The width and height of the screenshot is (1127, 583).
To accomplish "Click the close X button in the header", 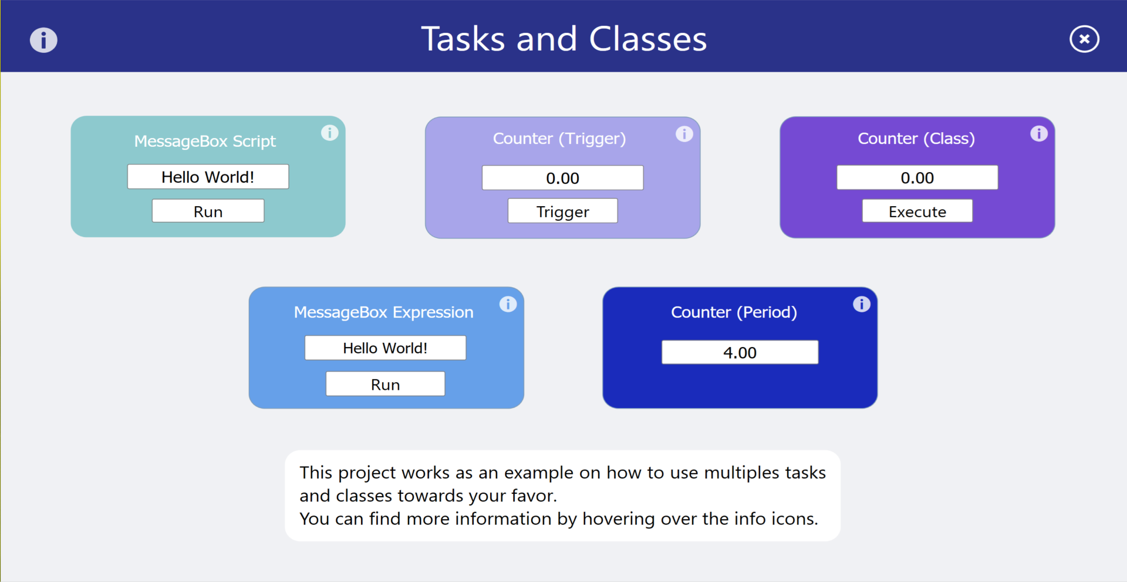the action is tap(1084, 39).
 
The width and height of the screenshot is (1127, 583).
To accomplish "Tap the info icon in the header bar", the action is tap(43, 40).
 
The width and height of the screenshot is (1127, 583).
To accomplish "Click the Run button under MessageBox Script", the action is tap(208, 211).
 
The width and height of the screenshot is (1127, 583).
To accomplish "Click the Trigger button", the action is tap(562, 211).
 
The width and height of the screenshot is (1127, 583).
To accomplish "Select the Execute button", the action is tap(917, 211).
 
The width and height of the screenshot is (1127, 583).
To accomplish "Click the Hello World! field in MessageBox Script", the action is tap(208, 177).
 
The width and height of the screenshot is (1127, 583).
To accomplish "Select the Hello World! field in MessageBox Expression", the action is tap(385, 348).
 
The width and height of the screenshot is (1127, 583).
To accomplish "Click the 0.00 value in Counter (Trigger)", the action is tap(562, 177).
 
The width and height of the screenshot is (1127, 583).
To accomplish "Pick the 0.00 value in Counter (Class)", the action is tap(917, 177).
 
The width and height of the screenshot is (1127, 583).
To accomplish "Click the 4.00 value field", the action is tap(740, 352).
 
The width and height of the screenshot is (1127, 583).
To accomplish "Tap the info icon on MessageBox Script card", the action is tap(330, 133).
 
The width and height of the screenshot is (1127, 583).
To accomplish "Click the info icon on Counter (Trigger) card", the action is tap(684, 134).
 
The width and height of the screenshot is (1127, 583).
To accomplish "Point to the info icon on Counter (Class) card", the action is tap(1039, 133).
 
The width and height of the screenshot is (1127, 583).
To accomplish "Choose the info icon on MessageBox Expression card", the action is tap(508, 304).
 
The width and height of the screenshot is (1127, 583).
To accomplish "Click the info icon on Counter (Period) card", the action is tap(862, 304).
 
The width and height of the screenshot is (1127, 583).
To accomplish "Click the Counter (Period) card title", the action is tap(734, 312).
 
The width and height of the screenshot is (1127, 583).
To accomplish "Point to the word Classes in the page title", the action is tap(648, 39).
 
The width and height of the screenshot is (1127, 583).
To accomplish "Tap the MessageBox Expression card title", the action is tap(383, 312).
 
